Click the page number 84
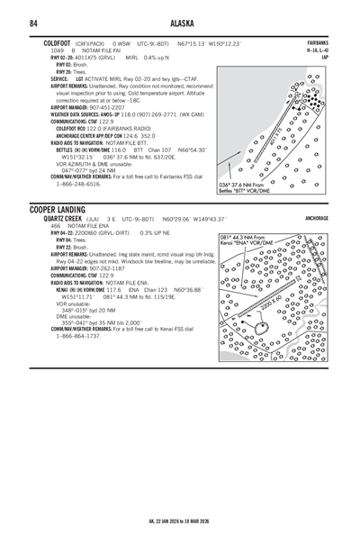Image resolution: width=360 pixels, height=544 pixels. tap(33, 23)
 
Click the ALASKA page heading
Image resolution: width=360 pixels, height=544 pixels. tap(180, 23)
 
